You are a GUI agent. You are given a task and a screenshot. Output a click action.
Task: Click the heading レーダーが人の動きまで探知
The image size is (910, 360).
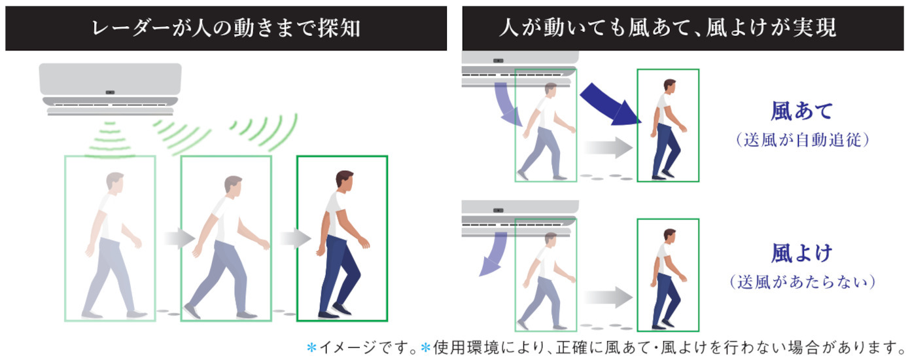coord(226,28)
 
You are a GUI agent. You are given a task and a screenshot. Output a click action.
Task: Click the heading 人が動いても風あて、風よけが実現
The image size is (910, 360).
coord(668,27)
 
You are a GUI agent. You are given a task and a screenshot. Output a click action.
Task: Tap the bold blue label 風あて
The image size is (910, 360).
coord(802,111)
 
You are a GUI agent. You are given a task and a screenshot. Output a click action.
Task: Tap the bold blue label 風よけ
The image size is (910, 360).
coord(802,253)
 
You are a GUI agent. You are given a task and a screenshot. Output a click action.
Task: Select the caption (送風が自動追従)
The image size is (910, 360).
coord(802,140)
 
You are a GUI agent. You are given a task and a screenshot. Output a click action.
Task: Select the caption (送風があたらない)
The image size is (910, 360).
coord(802,281)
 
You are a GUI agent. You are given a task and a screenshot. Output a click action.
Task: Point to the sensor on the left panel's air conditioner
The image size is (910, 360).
coord(110,92)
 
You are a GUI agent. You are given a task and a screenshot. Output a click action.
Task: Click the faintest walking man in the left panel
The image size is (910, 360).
coord(112,245)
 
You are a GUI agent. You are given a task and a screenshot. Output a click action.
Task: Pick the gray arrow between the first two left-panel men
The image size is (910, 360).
coord(179,238)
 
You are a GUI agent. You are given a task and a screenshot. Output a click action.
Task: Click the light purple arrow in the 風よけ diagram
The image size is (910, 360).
coord(493,254)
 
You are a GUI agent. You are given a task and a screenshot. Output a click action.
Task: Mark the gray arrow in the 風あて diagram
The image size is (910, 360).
coord(608,147)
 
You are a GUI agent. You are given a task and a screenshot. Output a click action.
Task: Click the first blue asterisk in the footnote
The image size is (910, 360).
coord(311,348)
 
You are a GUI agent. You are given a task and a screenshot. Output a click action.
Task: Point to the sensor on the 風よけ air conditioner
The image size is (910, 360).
coord(498,211)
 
